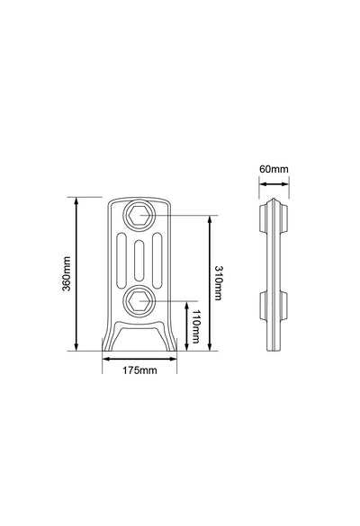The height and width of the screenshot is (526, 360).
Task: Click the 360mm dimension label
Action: tap(67, 273)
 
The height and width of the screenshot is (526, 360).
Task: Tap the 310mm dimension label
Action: tap(219, 283)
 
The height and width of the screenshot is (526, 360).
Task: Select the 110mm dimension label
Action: tap(195, 326)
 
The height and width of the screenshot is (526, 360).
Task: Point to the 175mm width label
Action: tap(139, 370)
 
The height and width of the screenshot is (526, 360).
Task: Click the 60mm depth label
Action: tap(274, 169)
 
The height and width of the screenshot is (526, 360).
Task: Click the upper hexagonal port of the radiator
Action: tap(139, 215)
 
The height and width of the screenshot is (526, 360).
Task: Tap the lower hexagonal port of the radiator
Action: tap(139, 301)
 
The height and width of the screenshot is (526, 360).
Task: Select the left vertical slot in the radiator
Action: tap(121, 261)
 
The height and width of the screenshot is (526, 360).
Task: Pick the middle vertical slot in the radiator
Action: tap(139, 261)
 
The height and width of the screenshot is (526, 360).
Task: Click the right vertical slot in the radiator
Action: tap(157, 261)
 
